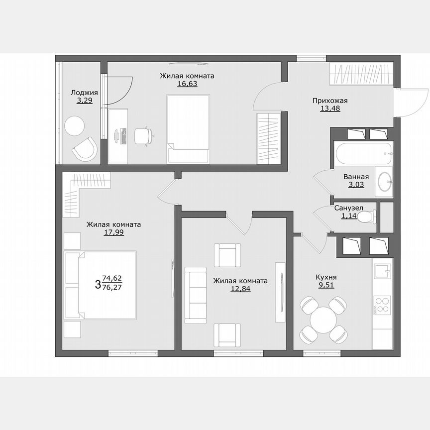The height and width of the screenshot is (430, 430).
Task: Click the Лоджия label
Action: (x=84, y=92)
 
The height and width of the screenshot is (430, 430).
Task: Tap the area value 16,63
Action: (x=187, y=84)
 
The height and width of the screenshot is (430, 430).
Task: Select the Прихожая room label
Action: (x=330, y=101)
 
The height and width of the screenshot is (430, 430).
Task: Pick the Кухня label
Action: (x=326, y=277)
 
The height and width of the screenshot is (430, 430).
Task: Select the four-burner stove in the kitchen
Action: (x=382, y=304)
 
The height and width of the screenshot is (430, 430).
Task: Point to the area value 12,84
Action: (x=240, y=289)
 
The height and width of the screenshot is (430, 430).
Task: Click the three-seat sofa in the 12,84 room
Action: (x=195, y=295)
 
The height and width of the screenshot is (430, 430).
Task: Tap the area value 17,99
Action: (x=113, y=232)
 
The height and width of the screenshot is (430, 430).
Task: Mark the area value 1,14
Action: (x=348, y=216)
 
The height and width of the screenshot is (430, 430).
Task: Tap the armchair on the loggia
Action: (x=85, y=149)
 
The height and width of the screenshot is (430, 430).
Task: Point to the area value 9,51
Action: (x=326, y=286)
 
